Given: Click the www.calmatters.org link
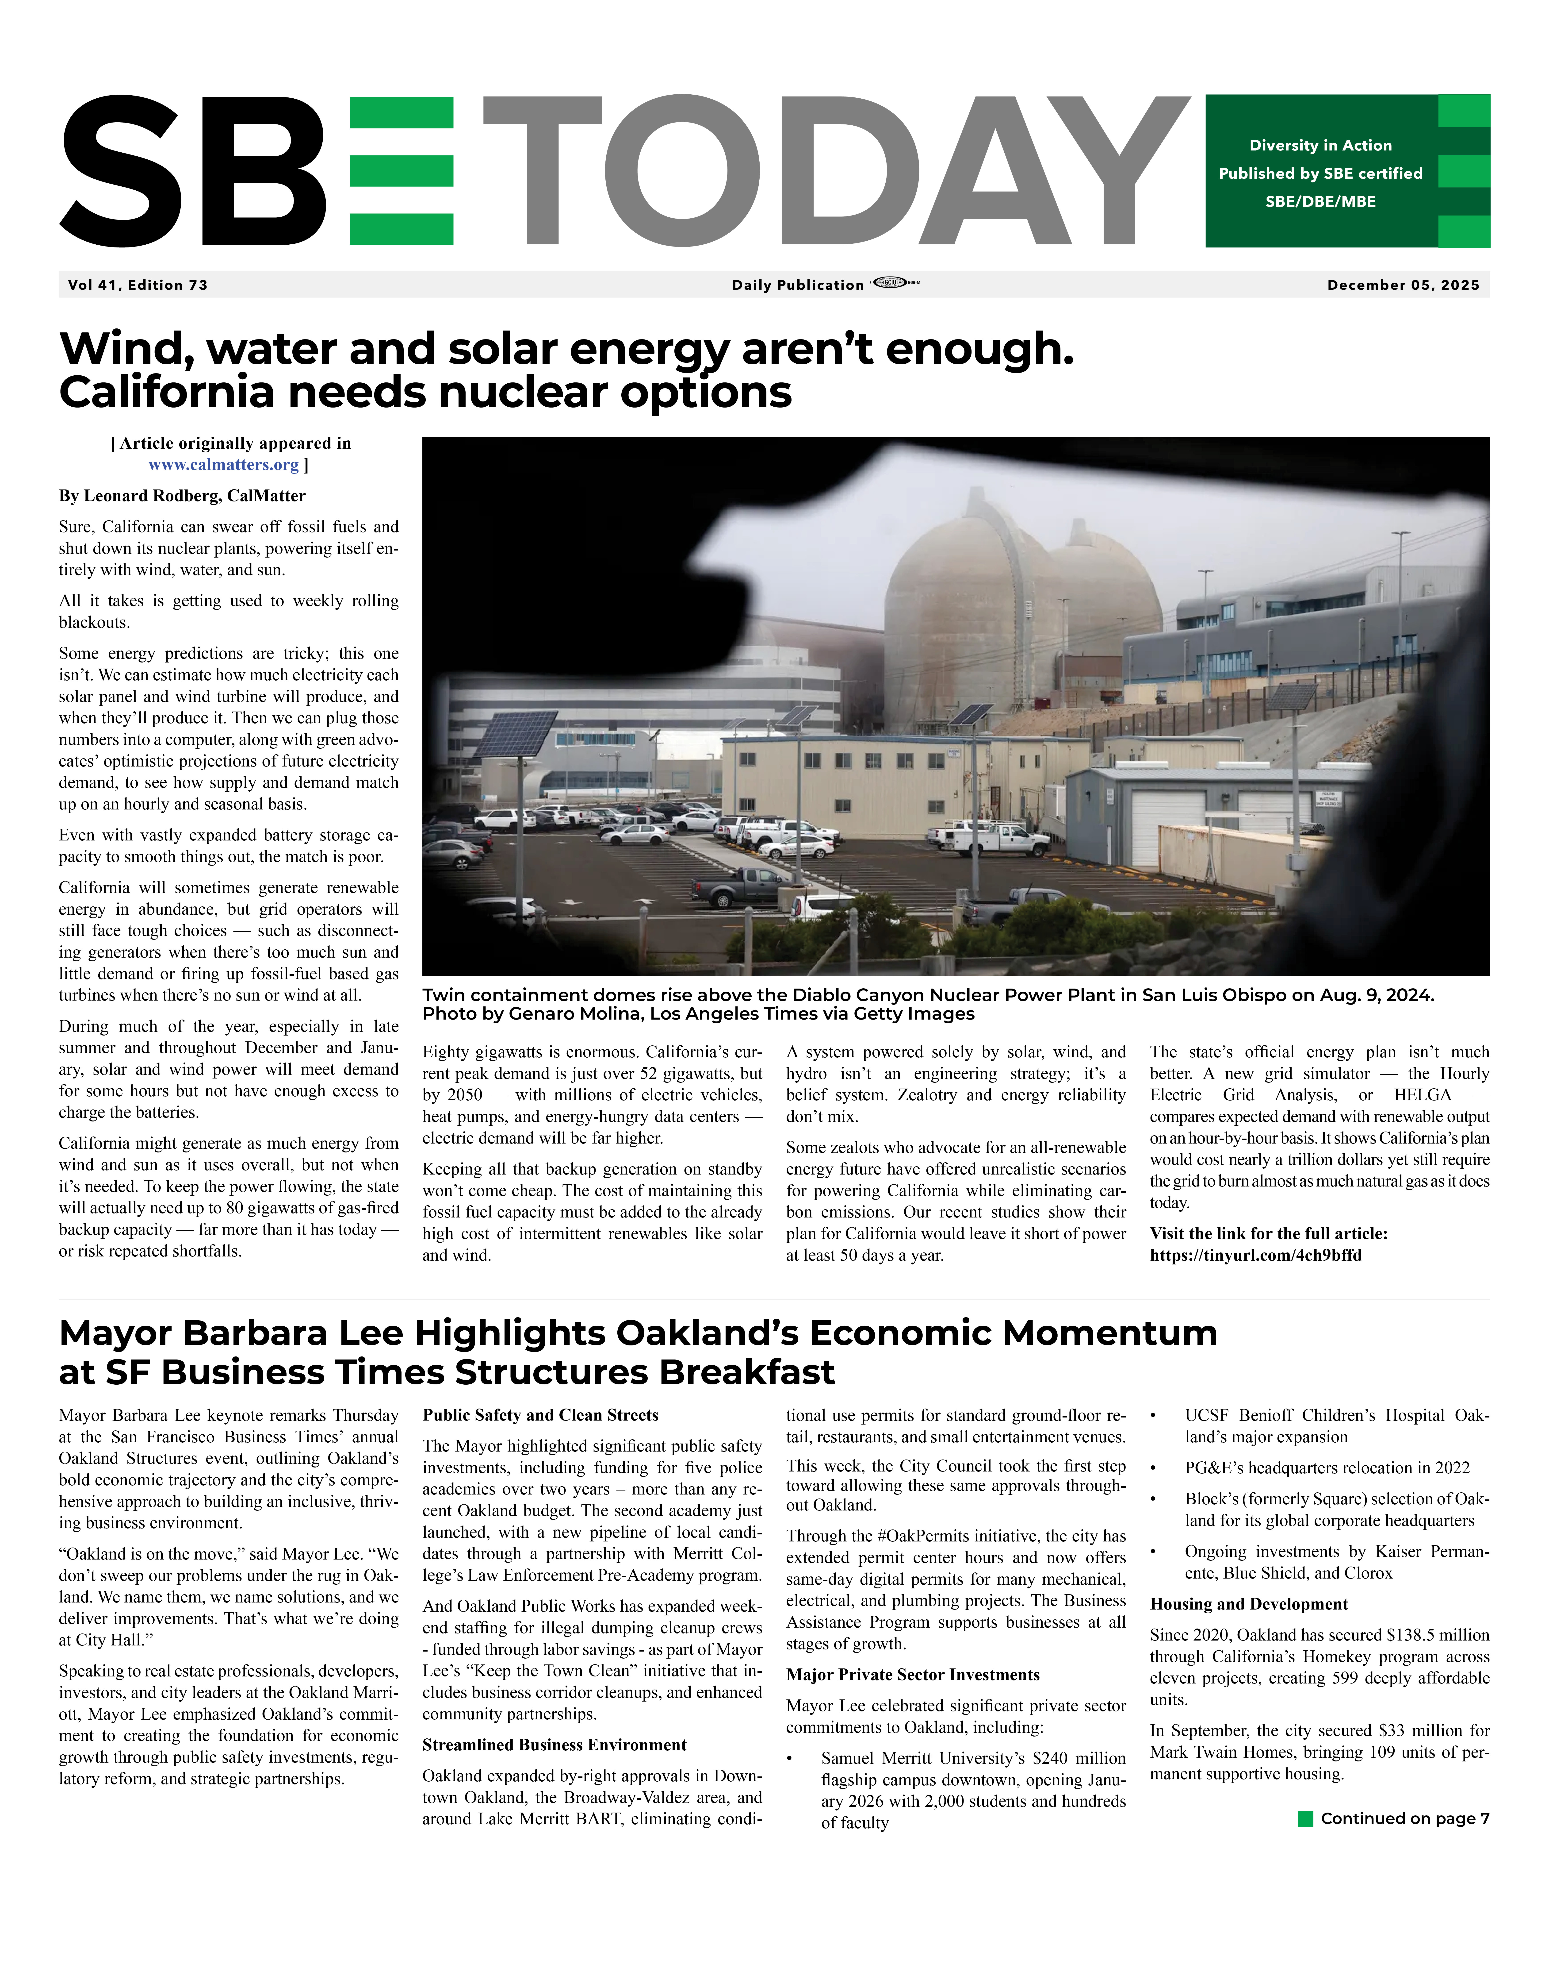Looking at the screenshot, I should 223,465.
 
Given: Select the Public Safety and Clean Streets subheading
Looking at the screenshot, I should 540,1415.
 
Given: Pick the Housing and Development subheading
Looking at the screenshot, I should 1249,1604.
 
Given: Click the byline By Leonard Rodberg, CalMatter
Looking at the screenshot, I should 182,496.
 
